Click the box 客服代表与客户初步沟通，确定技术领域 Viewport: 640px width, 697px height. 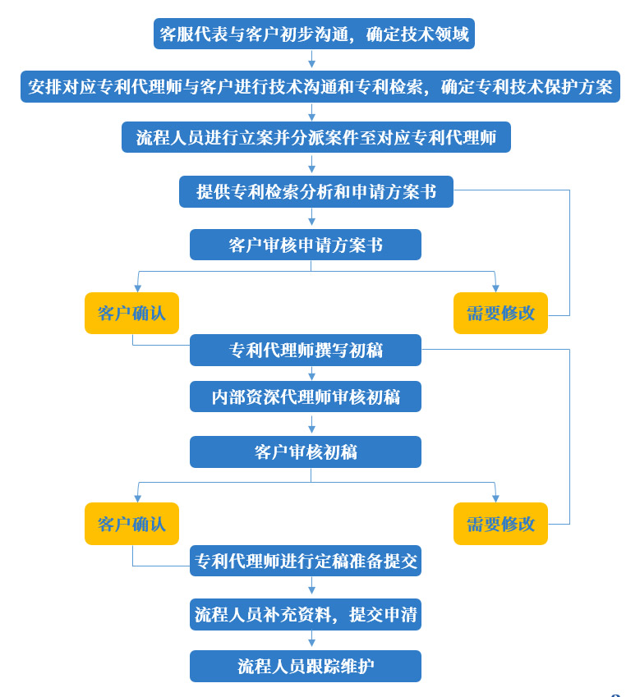click(314, 34)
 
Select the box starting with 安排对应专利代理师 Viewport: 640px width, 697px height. click(320, 86)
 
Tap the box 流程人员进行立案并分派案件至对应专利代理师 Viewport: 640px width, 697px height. click(315, 137)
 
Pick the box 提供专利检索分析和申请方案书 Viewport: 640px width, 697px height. click(315, 191)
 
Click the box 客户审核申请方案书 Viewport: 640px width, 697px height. click(305, 245)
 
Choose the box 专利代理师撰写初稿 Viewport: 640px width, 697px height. click(305, 350)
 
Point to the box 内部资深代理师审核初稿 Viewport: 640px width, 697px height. click(305, 397)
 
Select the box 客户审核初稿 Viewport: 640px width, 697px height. click(305, 452)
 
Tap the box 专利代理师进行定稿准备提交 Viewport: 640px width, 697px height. click(305, 561)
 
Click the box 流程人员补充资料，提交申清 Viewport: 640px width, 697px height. click(305, 614)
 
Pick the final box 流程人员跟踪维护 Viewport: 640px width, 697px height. click(305, 666)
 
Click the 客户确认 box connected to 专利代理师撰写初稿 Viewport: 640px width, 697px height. click(131, 313)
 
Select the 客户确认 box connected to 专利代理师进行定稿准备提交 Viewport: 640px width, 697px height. click(131, 524)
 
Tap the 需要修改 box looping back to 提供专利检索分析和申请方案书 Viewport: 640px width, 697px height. click(500, 313)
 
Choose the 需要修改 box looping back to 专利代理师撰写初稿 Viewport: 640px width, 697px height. click(500, 524)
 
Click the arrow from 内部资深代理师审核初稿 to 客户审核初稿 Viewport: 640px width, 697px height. click(311, 424)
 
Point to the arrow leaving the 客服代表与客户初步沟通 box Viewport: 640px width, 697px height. click(311, 59)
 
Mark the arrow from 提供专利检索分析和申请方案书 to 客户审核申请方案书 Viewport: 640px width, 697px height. click(311, 218)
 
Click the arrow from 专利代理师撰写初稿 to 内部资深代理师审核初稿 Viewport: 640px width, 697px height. click(311, 373)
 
